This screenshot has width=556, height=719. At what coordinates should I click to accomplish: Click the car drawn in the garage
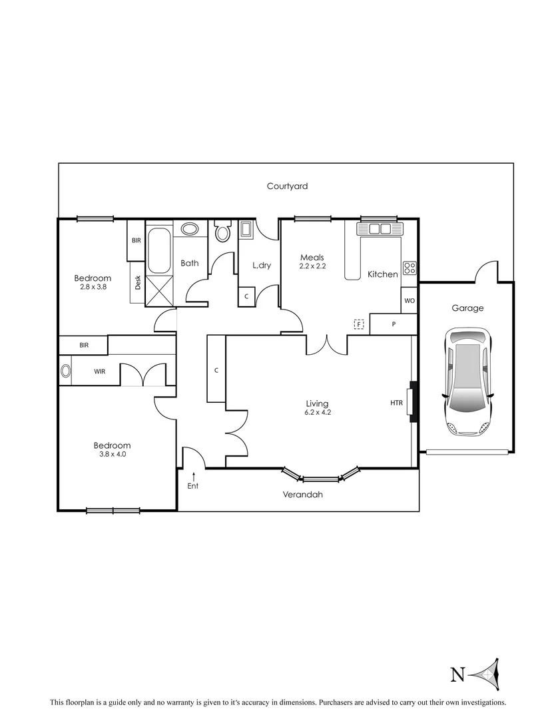tap(468, 381)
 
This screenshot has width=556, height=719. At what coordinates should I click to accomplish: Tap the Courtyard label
tap(287, 186)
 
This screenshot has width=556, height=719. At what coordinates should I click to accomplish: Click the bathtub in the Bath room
tap(158, 251)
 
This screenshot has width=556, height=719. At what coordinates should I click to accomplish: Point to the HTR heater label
tap(397, 402)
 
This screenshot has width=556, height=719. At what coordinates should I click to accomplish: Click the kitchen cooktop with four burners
tap(410, 268)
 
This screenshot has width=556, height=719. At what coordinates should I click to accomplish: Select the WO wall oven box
tap(410, 300)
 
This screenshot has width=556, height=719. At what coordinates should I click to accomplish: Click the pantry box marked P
tap(394, 324)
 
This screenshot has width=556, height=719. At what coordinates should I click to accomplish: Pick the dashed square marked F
tap(359, 324)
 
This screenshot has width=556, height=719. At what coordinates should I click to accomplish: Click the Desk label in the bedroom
tap(138, 282)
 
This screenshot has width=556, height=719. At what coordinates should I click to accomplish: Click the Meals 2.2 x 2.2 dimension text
tap(312, 266)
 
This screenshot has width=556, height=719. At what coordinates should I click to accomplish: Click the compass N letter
tap(457, 675)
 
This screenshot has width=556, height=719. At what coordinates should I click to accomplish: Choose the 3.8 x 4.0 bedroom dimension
tap(112, 455)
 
